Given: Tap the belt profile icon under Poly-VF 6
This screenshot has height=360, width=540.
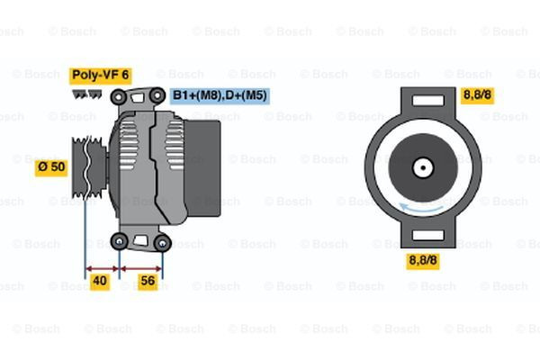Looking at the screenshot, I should [x=86, y=92].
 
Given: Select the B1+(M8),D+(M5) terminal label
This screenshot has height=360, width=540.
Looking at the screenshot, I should [x=219, y=94].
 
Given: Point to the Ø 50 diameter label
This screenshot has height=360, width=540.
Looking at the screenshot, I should [x=51, y=166].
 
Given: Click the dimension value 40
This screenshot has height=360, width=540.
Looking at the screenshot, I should [x=101, y=282].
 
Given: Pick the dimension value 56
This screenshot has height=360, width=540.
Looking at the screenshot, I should [x=148, y=282].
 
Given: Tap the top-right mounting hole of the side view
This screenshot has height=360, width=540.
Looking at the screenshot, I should [x=157, y=94].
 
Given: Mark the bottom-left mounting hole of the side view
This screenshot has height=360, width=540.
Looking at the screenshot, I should [x=120, y=240].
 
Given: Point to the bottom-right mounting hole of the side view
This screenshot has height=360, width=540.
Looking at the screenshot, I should [x=162, y=242].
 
